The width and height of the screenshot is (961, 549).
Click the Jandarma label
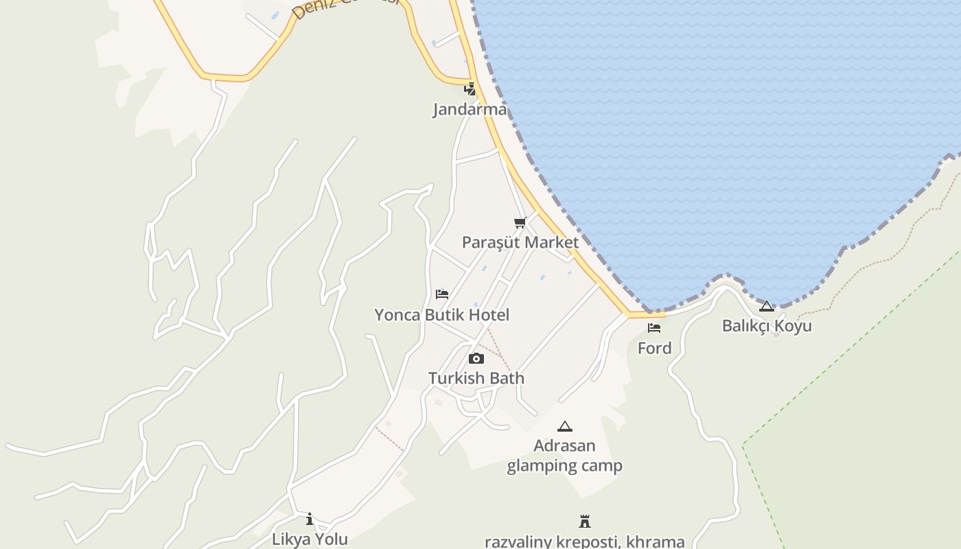pyautogui.click(x=470, y=109)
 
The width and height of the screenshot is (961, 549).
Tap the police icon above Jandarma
pyautogui.click(x=470, y=89)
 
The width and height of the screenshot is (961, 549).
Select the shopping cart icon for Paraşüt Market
pyautogui.click(x=520, y=222)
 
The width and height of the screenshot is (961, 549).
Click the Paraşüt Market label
pyautogui.click(x=520, y=242)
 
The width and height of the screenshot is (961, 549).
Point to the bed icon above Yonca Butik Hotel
pyautogui.click(x=442, y=294)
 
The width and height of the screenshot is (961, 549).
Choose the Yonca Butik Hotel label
pyautogui.click(x=441, y=315)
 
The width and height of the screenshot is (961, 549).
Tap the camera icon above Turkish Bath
pyautogui.click(x=476, y=358)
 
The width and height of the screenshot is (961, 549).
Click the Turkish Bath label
pyautogui.click(x=476, y=378)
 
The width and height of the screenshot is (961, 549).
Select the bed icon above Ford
pyautogui.click(x=654, y=328)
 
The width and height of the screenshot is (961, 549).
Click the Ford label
pyautogui.click(x=654, y=348)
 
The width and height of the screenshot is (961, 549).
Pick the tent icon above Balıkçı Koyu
pyautogui.click(x=767, y=306)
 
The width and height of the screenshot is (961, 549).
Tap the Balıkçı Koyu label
pyautogui.click(x=767, y=325)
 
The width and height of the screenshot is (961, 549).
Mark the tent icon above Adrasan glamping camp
pyautogui.click(x=564, y=426)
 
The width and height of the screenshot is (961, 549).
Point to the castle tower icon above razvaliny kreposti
pyautogui.click(x=585, y=522)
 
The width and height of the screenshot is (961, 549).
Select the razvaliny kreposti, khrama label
pyautogui.click(x=585, y=541)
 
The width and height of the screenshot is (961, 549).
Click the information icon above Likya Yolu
pyautogui.click(x=310, y=519)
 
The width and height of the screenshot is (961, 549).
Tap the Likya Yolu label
pyautogui.click(x=310, y=539)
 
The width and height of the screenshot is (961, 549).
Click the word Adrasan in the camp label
pyautogui.click(x=564, y=446)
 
